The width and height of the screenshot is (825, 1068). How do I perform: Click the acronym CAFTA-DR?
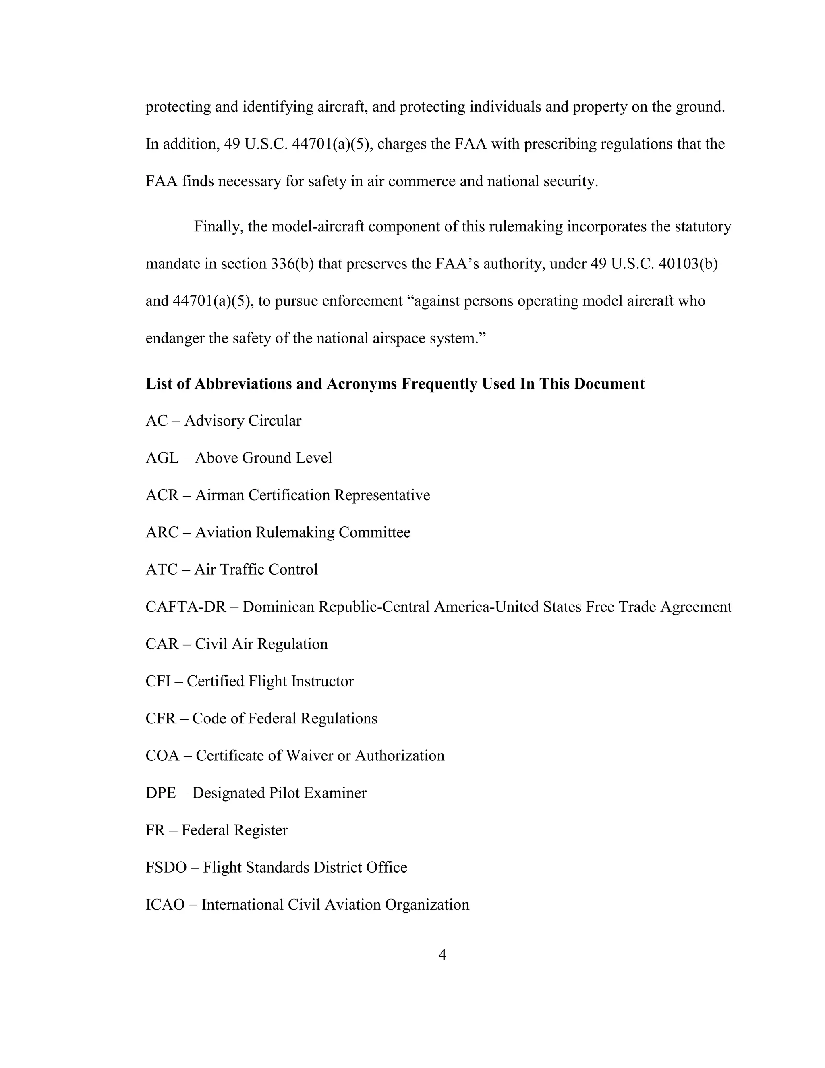186,607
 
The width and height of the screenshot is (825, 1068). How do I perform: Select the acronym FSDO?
166,867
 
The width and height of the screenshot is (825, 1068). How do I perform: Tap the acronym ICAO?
165,904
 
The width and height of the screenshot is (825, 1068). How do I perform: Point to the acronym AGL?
162,458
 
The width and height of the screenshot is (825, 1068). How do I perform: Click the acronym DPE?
160,793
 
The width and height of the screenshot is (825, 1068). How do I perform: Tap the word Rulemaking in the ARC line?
295,532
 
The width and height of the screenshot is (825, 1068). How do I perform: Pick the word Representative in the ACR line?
382,495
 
